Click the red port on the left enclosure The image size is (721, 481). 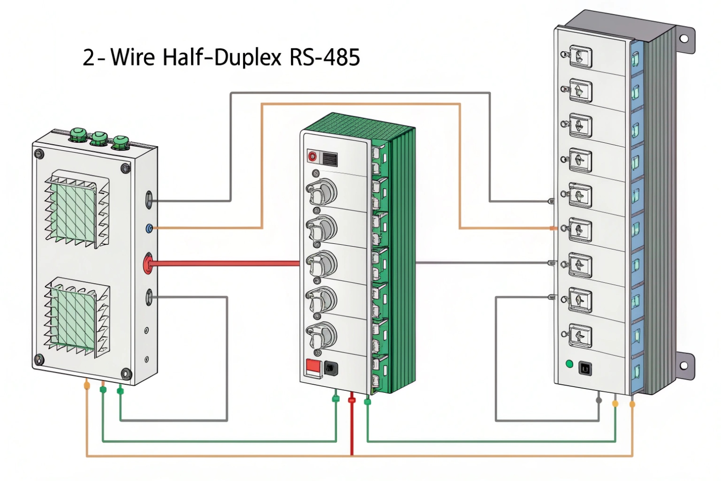(x=148, y=263)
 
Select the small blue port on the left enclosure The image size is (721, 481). (x=150, y=229)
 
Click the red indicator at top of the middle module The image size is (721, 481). (x=312, y=156)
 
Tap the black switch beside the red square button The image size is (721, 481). (x=330, y=368)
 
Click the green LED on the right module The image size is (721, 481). (x=569, y=364)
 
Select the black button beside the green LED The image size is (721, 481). (x=585, y=368)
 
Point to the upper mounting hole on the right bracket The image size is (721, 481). (x=684, y=38)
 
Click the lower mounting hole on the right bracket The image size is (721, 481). (x=683, y=366)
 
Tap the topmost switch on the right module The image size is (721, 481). (x=580, y=57)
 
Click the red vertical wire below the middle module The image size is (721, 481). (x=352, y=427)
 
